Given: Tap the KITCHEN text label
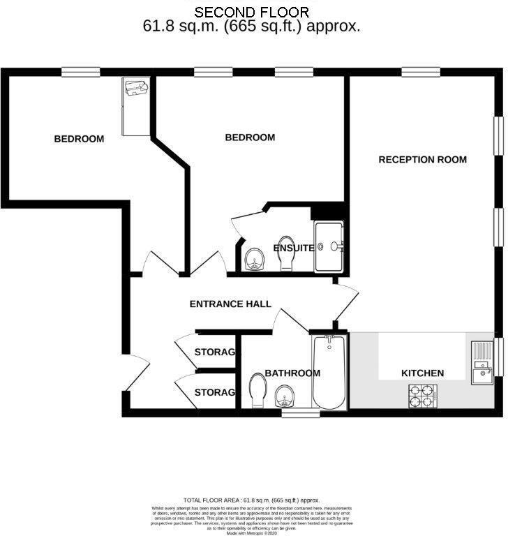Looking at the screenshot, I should coord(422,373).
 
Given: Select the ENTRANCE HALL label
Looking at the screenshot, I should coord(230,304).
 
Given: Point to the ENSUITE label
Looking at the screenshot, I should coord(293,248).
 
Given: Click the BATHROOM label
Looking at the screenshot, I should coord(292,373).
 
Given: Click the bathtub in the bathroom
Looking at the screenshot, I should coord(329,372).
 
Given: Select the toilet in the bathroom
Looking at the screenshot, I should coord(256,391).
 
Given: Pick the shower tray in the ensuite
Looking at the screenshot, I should coord(329,246).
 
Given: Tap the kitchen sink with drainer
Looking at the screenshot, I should coord(482,362).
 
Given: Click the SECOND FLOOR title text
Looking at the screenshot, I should coord(251,12).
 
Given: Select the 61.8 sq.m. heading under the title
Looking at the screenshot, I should coord(251,27).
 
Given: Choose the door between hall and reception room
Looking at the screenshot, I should coord(347,304).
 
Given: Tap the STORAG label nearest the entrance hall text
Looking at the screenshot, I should coord(214,352).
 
